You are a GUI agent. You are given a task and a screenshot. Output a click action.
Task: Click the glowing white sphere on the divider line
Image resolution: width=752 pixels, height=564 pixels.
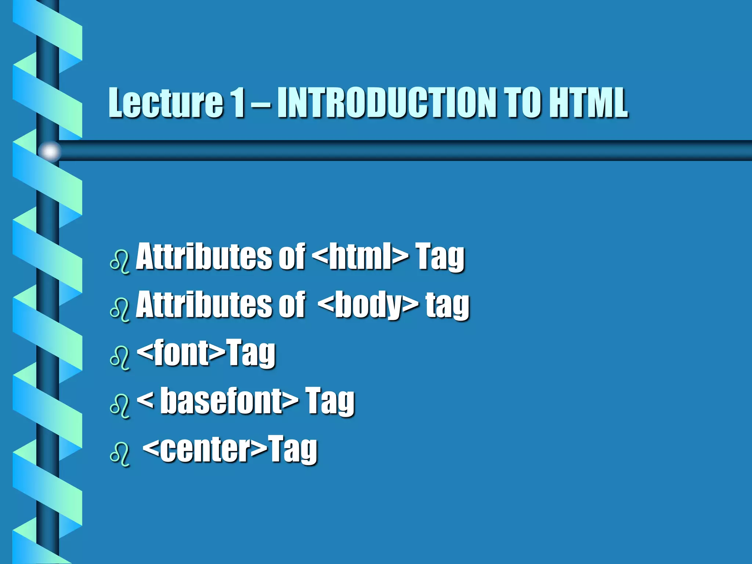click(50, 151)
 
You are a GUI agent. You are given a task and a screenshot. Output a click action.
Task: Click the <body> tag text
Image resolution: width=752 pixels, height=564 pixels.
click(368, 305)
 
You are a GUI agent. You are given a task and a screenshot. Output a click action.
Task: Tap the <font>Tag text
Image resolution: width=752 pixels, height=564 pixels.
click(206, 353)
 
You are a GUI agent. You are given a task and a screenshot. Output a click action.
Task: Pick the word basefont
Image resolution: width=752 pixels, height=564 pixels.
click(230, 401)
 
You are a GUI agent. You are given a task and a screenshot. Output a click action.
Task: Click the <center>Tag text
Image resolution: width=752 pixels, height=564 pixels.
click(230, 449)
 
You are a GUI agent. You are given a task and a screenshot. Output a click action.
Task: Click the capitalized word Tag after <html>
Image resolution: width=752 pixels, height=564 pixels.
click(440, 257)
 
